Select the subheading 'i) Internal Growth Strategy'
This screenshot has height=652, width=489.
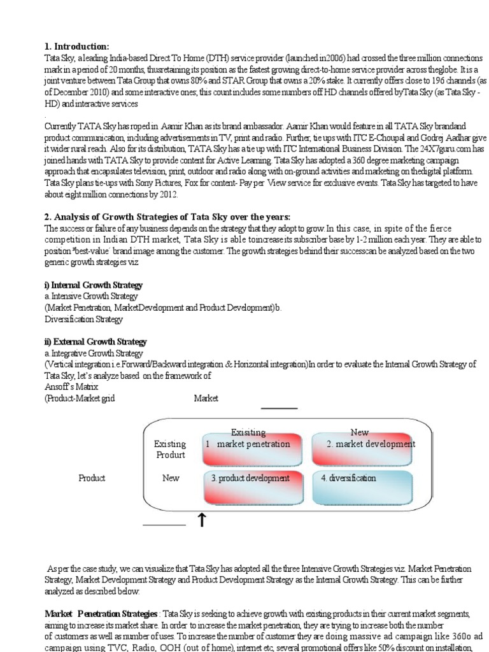pos(93,285)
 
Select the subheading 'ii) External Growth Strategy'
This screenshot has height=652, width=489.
pos(96,342)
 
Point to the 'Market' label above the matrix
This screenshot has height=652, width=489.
pos(206,398)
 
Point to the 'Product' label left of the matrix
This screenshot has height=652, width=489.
pos(92,478)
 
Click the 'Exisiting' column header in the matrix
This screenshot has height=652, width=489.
pos(248,432)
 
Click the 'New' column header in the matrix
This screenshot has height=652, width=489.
pos(359,432)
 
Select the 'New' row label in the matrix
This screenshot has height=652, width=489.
pos(171,478)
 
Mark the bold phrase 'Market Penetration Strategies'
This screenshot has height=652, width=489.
pos(101,614)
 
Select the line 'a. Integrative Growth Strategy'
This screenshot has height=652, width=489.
pos(94,353)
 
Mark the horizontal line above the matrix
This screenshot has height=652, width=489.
pos(279,409)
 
